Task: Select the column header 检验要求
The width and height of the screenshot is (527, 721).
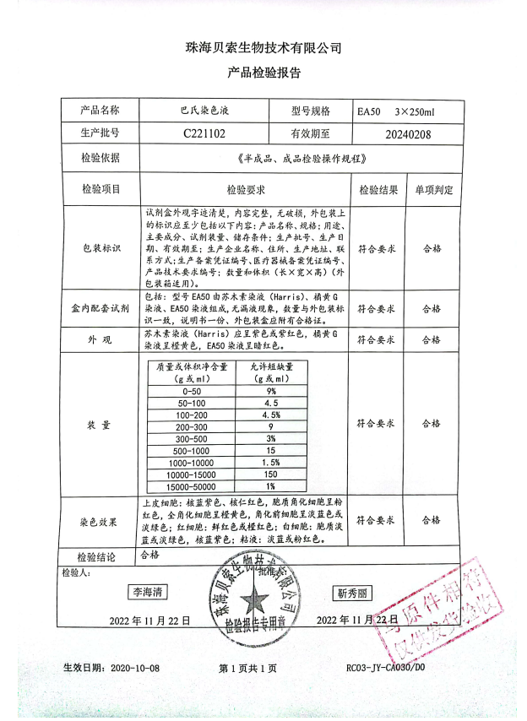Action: (246, 190)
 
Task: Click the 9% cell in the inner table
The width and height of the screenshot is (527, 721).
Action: (270, 392)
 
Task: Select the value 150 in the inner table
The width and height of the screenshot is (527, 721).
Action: (270, 474)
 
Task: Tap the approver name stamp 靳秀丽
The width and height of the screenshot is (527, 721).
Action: (353, 594)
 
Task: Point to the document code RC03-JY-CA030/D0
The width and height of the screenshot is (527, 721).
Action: (386, 668)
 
